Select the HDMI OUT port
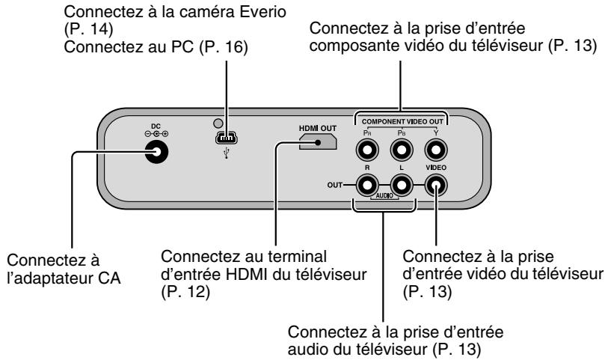point(317,142)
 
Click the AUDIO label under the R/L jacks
point(384,200)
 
